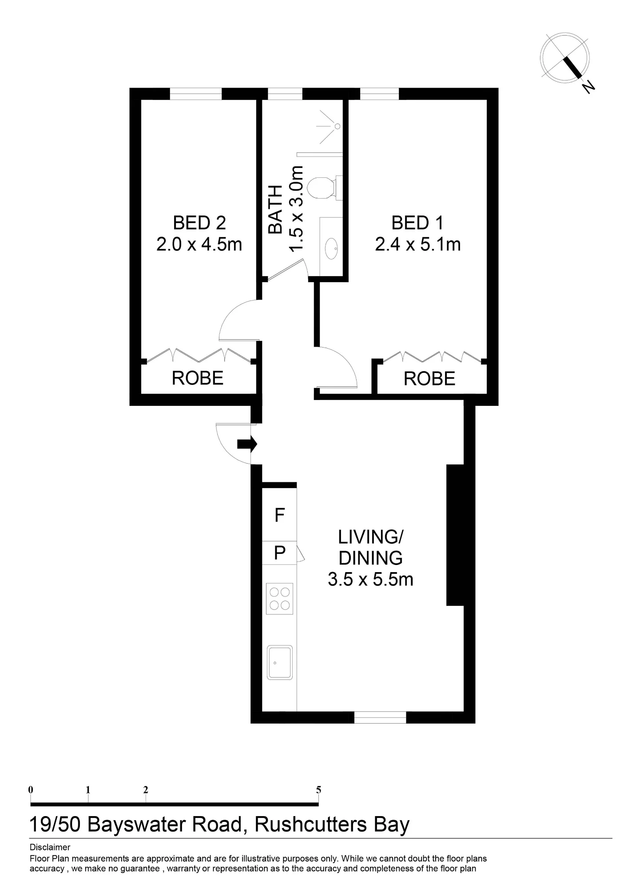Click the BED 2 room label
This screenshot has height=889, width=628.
(x=199, y=223)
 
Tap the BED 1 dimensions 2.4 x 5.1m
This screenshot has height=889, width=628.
(x=417, y=244)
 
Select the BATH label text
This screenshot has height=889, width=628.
(x=276, y=209)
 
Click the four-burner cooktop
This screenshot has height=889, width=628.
(x=279, y=598)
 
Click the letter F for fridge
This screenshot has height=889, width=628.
(x=279, y=515)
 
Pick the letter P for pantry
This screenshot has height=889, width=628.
(x=280, y=553)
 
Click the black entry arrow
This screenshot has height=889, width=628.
(x=247, y=444)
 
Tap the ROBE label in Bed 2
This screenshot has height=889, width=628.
(x=198, y=378)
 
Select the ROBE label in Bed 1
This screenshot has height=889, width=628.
(x=429, y=379)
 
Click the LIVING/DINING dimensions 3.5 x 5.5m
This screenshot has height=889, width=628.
(x=370, y=579)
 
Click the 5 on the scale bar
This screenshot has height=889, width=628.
(x=318, y=790)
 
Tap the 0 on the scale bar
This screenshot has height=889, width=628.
(x=31, y=790)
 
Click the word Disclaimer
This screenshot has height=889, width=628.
(x=50, y=847)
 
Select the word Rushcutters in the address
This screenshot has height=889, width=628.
(x=311, y=825)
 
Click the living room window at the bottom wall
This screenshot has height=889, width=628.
(x=380, y=717)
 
